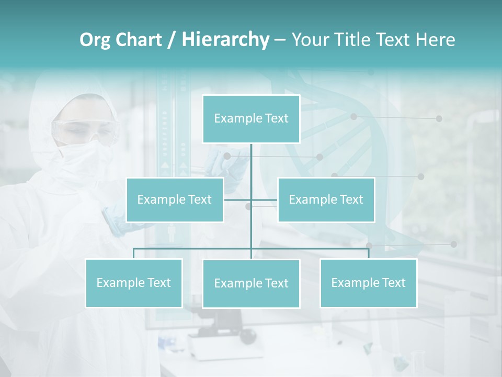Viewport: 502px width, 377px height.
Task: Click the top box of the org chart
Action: pyautogui.click(x=251, y=119)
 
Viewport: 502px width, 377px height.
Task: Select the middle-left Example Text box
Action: pyautogui.click(x=175, y=199)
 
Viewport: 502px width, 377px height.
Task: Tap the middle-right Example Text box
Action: pyautogui.click(x=326, y=199)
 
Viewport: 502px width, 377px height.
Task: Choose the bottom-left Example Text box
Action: pyautogui.click(x=133, y=283)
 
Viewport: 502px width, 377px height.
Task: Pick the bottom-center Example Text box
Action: pyautogui.click(x=251, y=283)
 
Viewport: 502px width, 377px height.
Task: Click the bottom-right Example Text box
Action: pyautogui.click(x=368, y=283)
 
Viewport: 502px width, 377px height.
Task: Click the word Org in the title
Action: pyautogui.click(x=95, y=40)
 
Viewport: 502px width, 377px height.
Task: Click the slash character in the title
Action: pyautogui.click(x=172, y=40)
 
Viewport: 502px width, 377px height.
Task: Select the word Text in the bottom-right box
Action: pyautogui.click(x=393, y=283)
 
